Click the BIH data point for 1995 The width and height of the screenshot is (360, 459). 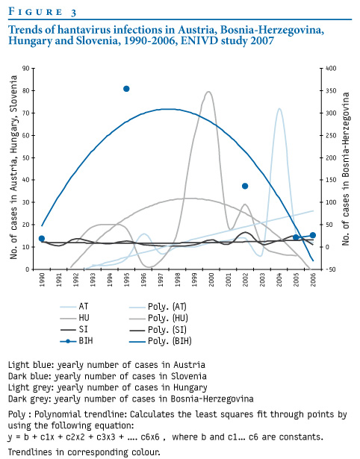coord(126,89)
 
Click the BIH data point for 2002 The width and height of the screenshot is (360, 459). coord(245,186)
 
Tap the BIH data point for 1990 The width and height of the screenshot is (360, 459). coord(42,239)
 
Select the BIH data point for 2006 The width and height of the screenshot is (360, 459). coord(313,235)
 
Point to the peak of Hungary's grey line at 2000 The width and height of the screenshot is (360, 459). coord(208,92)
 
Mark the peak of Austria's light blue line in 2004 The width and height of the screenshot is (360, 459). coord(279,109)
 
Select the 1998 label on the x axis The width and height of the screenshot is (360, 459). coord(177,280)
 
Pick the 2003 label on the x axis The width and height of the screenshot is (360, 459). coord(262,280)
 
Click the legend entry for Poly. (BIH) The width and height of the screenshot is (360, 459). coord(161,341)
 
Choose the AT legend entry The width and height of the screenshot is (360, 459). coord(74,307)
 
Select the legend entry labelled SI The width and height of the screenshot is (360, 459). coord(74,330)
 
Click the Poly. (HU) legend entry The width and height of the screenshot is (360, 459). coord(159,318)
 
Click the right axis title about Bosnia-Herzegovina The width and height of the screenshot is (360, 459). coord(346,169)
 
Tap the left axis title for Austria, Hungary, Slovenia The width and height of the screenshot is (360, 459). coord(13,167)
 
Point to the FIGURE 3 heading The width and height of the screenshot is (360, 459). coord(43,12)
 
